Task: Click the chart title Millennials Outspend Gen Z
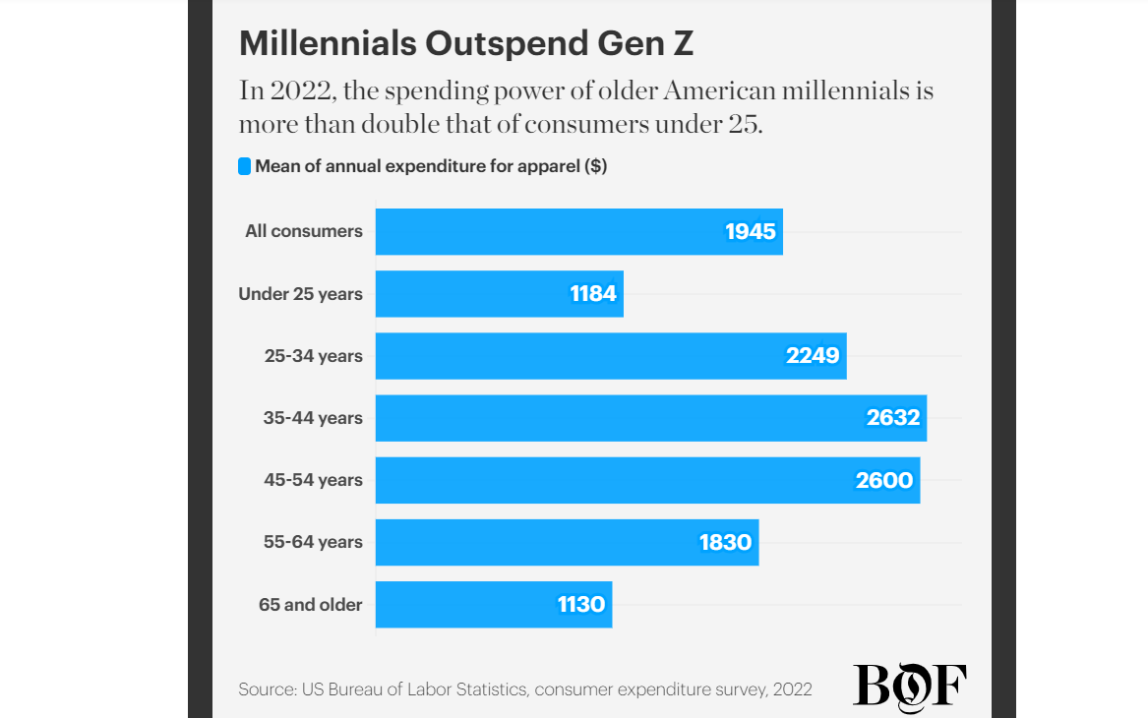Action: (x=466, y=44)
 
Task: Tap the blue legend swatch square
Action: (x=245, y=166)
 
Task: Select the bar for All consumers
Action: (x=551, y=232)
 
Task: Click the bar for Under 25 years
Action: (x=472, y=294)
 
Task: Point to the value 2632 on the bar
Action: (x=893, y=418)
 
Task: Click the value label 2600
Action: (x=885, y=480)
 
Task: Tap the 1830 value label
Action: (x=725, y=542)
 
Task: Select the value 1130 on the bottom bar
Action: (x=581, y=604)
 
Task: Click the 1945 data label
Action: (x=751, y=232)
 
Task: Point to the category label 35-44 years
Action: (x=313, y=418)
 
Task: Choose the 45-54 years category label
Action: (x=313, y=480)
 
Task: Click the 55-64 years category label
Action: (x=313, y=542)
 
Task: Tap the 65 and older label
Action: (x=311, y=604)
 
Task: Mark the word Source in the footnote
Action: (x=265, y=689)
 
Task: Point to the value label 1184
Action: (x=593, y=294)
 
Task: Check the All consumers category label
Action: (x=304, y=232)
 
